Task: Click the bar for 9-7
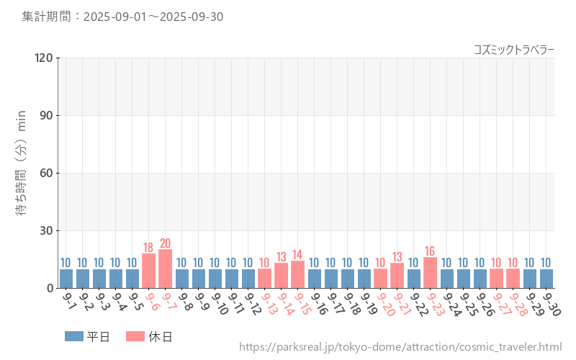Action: [x=166, y=269]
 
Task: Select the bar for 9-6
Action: [x=149, y=271]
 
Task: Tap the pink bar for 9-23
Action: [x=431, y=273]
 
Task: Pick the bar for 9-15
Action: [x=298, y=275]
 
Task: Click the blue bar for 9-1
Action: [x=66, y=279]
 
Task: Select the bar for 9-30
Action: [x=546, y=279]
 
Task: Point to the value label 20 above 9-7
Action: [x=166, y=243]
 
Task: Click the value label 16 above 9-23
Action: [x=431, y=251]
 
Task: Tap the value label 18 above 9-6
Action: [x=149, y=247]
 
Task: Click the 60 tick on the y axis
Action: [x=46, y=173]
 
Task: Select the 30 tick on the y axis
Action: [x=46, y=230]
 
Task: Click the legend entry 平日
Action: [x=88, y=336]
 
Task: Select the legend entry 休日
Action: [x=149, y=336]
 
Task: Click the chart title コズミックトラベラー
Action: [x=514, y=50]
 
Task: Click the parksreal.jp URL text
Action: [x=400, y=348]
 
